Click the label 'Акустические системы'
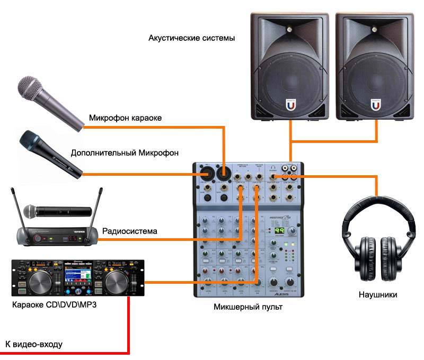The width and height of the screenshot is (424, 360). pos(191,39)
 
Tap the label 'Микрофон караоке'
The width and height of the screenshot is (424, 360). pos(125,118)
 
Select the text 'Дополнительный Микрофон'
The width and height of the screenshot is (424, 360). pos(125,153)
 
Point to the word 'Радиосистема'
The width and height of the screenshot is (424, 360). pos(130,231)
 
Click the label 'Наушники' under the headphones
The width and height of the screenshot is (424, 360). pos(377,295)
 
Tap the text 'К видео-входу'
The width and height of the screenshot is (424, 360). pos(34,345)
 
